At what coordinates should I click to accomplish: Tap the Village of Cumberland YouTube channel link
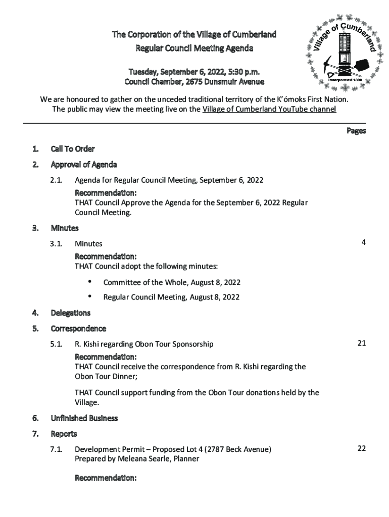[x=269, y=109]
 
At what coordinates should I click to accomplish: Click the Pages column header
[x=356, y=131]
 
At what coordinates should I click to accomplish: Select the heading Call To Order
[x=73, y=149]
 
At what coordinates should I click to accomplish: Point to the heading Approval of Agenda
[x=84, y=165]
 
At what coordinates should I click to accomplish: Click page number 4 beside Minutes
[x=363, y=242]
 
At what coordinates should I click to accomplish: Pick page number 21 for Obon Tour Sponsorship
[x=361, y=343]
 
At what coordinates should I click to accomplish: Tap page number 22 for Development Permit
[x=361, y=448]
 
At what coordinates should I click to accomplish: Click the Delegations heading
[x=71, y=313]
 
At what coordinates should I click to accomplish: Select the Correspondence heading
[x=78, y=329]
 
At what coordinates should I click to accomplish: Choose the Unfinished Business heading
[x=84, y=418]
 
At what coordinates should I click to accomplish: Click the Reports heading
[x=64, y=434]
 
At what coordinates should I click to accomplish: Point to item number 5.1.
[x=56, y=344]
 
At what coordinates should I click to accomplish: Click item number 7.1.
[x=56, y=449]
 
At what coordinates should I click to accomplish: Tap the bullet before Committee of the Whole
[x=90, y=281]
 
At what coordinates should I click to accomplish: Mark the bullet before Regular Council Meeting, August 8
[x=90, y=296]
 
